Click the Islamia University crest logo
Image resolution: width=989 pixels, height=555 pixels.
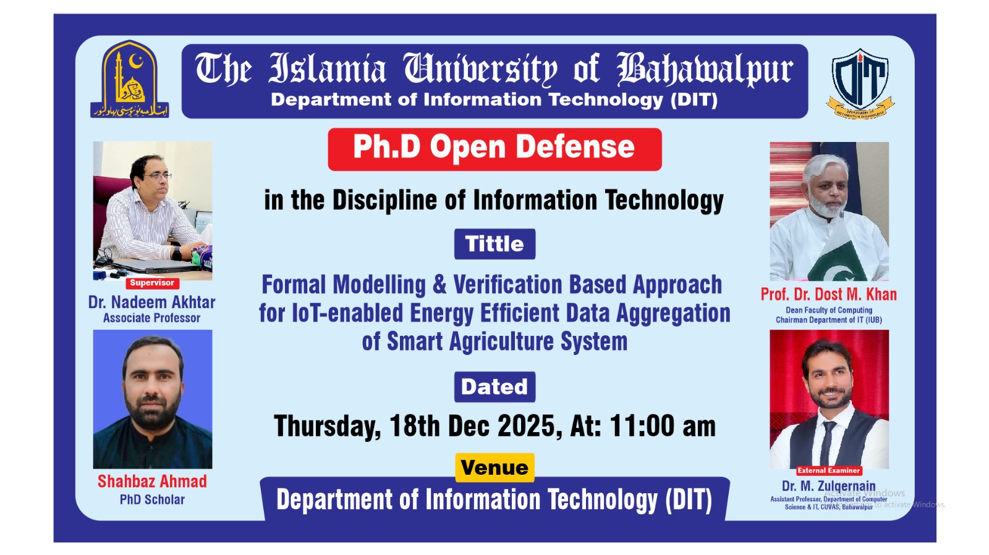130,79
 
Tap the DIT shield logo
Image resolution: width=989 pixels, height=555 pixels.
860,83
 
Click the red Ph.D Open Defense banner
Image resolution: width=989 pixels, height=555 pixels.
494,149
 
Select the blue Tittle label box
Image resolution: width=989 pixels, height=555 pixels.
494,244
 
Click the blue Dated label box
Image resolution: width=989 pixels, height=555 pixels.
494,387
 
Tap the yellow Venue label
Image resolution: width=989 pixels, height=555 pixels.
494,467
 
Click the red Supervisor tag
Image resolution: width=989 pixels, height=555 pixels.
152,283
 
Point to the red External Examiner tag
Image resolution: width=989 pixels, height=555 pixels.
828,470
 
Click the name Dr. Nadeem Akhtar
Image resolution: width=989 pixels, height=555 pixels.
152,302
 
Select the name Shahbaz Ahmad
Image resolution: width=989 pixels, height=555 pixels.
152,482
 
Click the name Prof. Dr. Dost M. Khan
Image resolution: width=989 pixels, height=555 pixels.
828,294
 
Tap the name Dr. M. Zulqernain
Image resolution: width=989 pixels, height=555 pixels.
828,486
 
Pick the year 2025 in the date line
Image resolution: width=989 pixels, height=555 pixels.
528,426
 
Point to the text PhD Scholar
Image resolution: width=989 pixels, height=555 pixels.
152,499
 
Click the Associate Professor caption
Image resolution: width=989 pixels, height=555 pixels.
152,318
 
